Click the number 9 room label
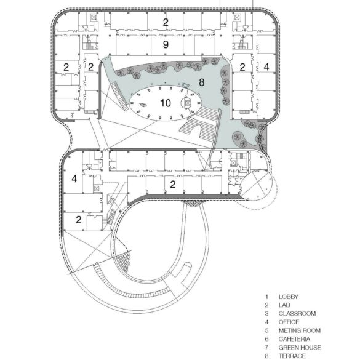point(165,45)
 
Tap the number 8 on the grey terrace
point(201,81)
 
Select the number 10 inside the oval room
point(165,102)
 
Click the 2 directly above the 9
point(165,22)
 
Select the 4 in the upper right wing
point(266,66)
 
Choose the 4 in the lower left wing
point(74,179)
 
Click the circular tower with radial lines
point(255,183)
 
